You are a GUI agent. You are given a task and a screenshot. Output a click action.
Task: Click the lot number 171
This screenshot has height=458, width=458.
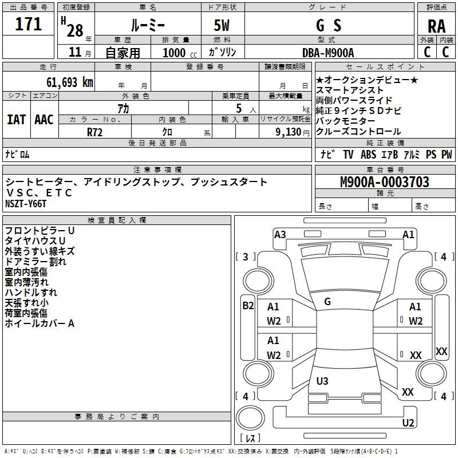pos(28,24)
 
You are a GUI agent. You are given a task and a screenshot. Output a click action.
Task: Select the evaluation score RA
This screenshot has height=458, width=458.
pos(436,26)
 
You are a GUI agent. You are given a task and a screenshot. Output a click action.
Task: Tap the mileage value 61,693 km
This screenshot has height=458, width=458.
pos(70,82)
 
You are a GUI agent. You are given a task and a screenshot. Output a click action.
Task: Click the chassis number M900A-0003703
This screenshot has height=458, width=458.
pos(385,181)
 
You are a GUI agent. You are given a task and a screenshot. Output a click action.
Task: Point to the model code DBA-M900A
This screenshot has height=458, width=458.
pos(328,53)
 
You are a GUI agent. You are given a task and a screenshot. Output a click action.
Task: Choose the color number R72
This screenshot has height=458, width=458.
pos(95,132)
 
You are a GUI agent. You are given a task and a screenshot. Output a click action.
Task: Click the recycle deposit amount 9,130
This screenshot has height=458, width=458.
pos(289,132)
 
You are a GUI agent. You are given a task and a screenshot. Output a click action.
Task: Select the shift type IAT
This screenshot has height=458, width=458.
pos(16,120)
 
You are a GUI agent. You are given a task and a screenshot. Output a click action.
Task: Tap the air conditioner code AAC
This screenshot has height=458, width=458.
pos(44,120)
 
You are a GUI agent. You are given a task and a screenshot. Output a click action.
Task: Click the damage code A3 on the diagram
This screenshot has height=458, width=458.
pos(280,235)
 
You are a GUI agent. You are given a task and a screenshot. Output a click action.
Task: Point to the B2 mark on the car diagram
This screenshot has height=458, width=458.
pos(248,306)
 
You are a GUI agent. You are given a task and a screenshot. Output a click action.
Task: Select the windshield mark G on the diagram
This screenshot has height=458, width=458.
pos(327,302)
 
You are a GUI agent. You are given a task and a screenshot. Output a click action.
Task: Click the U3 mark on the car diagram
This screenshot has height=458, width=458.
pos(322,381)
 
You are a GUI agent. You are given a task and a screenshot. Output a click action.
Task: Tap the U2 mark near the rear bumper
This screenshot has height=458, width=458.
pos(408,423)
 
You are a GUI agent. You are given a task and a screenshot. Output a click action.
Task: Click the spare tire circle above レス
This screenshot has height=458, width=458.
pos(250,418)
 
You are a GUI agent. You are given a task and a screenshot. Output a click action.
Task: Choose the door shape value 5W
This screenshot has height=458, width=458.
pos(222,25)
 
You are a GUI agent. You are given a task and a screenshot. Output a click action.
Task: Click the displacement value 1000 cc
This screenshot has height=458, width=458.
pos(180,53)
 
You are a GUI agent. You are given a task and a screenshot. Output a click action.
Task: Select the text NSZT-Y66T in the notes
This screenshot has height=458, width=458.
pos(26,204)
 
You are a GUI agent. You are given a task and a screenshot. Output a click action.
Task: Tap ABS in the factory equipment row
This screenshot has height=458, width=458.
pos(368,154)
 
